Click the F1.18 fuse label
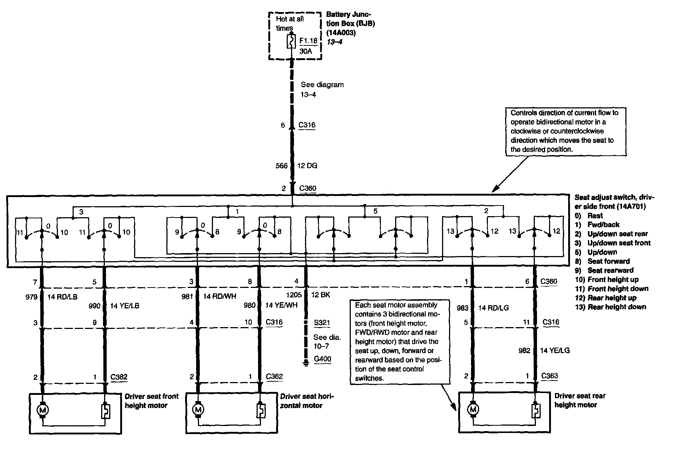pos(308,41)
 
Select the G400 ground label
pos(322,359)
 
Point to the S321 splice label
pos(322,323)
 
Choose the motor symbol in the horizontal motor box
pos(198,410)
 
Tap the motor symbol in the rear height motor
pos(473,409)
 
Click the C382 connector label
pos(119,377)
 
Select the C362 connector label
pos(274,377)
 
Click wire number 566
pos(282,166)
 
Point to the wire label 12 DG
pos(307,166)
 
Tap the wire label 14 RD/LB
pos(62,297)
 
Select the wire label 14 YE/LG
pos(555,351)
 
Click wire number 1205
pos(294,295)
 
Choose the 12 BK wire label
pos(320,295)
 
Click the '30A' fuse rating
pos(306,51)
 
